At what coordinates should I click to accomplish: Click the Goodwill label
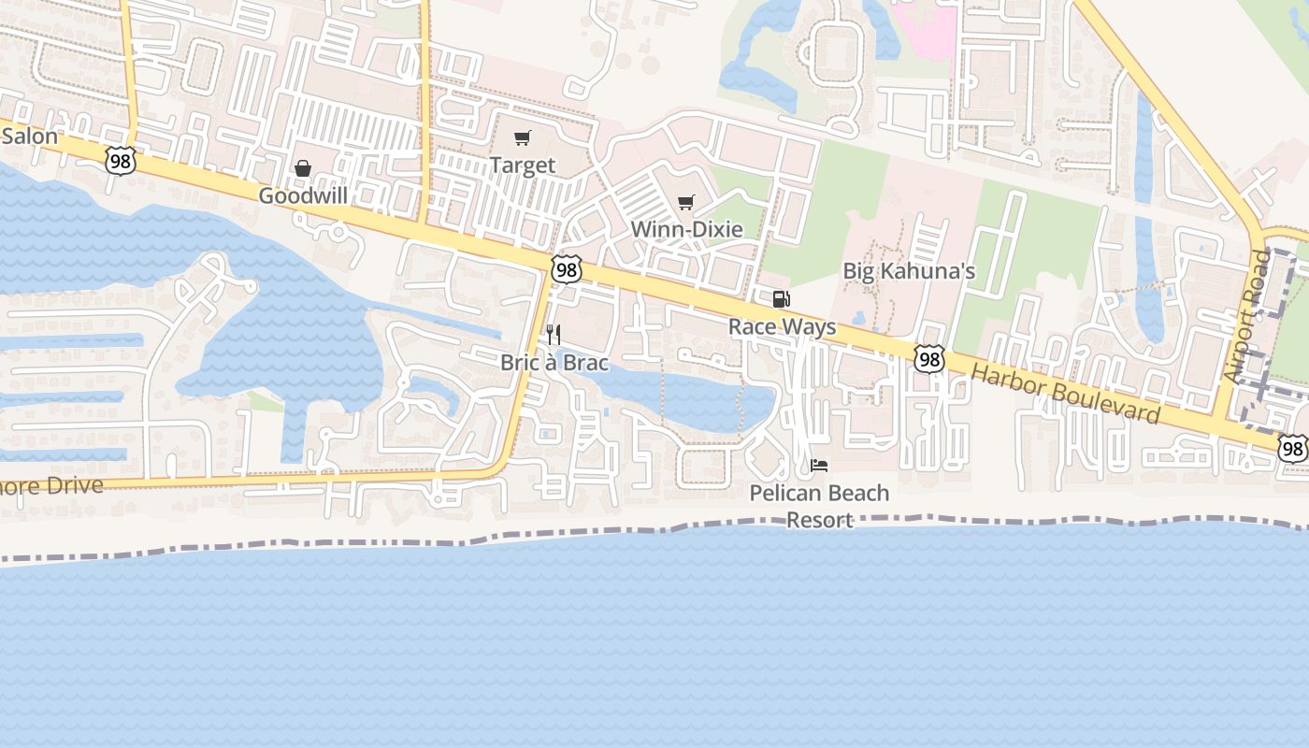(302, 195)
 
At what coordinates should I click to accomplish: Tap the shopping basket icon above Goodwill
(302, 168)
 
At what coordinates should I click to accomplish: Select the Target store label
(523, 165)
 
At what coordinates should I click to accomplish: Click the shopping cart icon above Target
(523, 138)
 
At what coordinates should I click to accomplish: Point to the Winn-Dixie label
(686, 229)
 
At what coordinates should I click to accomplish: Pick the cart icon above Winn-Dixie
(686, 202)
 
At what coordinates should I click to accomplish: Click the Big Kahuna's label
(909, 271)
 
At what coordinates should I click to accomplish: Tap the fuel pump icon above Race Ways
(782, 299)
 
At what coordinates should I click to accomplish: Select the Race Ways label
(782, 327)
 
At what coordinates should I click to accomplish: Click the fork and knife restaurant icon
(554, 335)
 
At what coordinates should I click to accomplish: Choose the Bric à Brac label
(554, 362)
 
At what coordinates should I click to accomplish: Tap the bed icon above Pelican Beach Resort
(819, 465)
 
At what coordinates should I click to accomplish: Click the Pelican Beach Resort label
(819, 506)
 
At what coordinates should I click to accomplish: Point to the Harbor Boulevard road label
(1065, 393)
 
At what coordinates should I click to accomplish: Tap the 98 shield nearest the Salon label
(121, 161)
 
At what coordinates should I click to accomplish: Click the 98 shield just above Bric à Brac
(566, 270)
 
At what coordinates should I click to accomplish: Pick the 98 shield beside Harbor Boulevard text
(929, 359)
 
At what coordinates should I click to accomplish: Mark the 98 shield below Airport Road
(1293, 450)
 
